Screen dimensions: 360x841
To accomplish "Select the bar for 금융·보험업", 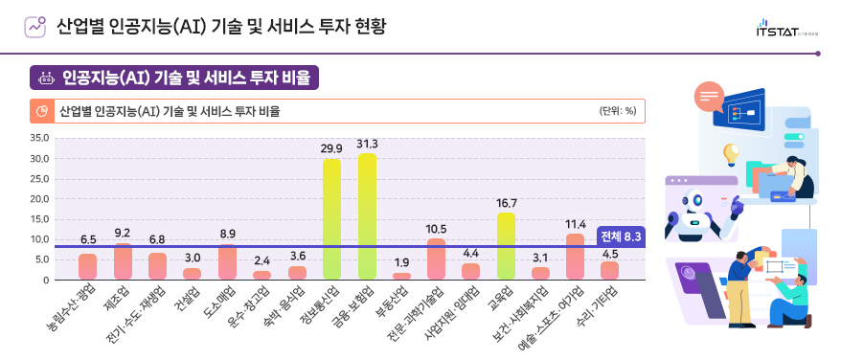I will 367,216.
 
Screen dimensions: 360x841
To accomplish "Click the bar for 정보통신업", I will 331,219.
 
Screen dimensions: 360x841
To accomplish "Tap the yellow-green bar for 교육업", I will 506,246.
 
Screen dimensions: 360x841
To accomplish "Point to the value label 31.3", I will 367,145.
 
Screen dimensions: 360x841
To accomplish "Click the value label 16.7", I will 506,203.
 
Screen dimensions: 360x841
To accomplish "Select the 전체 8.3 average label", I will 620,236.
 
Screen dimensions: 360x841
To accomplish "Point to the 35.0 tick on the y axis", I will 39,138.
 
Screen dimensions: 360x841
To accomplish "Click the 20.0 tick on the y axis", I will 39,199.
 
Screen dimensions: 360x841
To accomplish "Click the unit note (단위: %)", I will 618,111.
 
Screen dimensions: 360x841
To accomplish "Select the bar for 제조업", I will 123,261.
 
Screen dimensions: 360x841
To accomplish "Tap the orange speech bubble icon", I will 709,96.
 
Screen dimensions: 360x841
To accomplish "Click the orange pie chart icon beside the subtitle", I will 43,111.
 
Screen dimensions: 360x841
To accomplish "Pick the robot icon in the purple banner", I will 45,77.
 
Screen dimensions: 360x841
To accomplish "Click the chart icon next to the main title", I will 35,27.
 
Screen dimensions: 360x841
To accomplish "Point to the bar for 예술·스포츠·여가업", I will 575,257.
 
